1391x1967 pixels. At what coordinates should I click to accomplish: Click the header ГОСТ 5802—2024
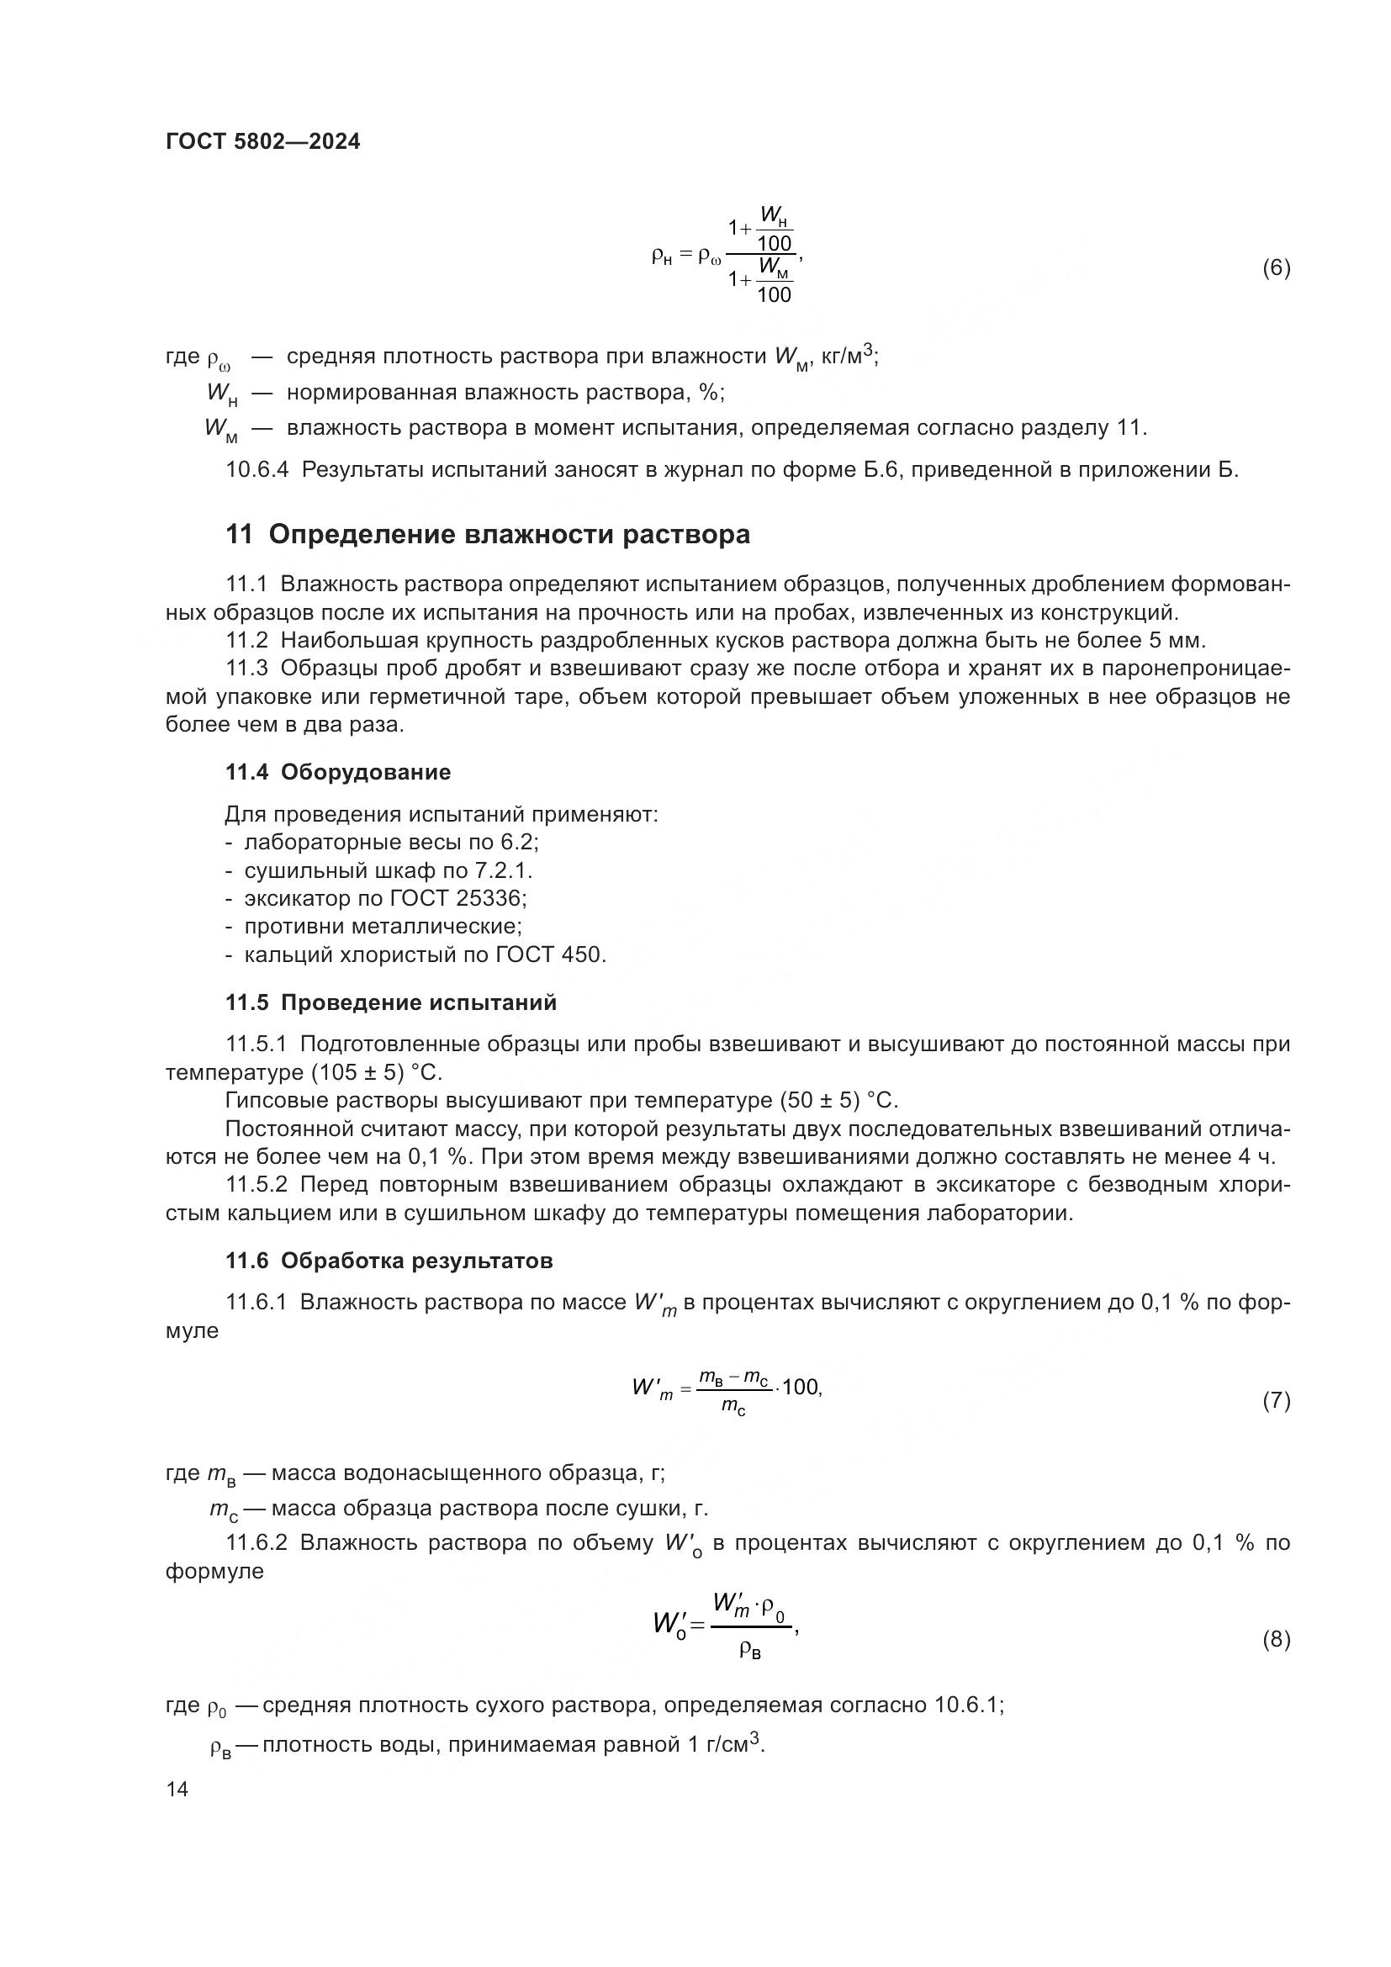(x=263, y=142)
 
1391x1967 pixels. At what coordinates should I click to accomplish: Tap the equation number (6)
(x=1276, y=268)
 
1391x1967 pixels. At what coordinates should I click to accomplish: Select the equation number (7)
(x=1276, y=1401)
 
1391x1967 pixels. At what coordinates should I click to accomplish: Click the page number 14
(x=177, y=1790)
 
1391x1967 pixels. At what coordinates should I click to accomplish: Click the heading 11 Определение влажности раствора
(x=488, y=535)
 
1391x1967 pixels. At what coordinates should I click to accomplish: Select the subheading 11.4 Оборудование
(x=337, y=773)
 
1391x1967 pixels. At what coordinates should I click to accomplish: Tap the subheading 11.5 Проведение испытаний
(x=390, y=1002)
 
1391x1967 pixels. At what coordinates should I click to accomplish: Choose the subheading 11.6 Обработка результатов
(x=389, y=1261)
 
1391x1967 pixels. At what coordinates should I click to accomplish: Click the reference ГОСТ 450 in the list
(x=550, y=954)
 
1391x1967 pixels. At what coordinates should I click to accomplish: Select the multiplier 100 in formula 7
(x=801, y=1388)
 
